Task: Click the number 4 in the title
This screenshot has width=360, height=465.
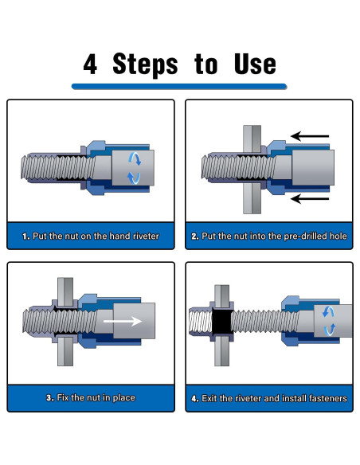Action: (x=90, y=64)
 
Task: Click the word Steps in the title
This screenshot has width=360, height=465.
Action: (x=145, y=65)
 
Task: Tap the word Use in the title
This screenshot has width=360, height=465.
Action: (x=255, y=64)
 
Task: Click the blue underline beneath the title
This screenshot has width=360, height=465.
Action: (x=179, y=86)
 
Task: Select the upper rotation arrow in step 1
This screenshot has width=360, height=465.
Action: (x=135, y=158)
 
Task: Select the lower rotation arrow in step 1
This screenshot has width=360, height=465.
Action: (x=134, y=178)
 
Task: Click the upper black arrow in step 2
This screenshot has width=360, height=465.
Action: (x=310, y=136)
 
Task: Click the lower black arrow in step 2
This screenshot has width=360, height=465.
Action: (x=310, y=199)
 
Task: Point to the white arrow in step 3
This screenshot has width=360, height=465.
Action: (x=123, y=321)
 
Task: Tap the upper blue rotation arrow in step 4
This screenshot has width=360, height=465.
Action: (x=328, y=312)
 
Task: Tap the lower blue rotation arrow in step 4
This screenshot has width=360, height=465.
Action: (x=330, y=330)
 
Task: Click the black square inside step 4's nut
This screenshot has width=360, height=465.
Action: (x=221, y=321)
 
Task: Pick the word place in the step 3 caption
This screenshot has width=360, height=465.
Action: (x=123, y=398)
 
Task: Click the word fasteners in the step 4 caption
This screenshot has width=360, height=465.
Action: (x=328, y=398)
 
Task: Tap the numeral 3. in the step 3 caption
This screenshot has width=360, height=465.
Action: (x=50, y=398)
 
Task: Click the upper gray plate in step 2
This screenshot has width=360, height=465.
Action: (x=252, y=139)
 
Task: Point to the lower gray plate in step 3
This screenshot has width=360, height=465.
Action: (x=65, y=352)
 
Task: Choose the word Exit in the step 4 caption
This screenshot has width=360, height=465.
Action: (x=209, y=398)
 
